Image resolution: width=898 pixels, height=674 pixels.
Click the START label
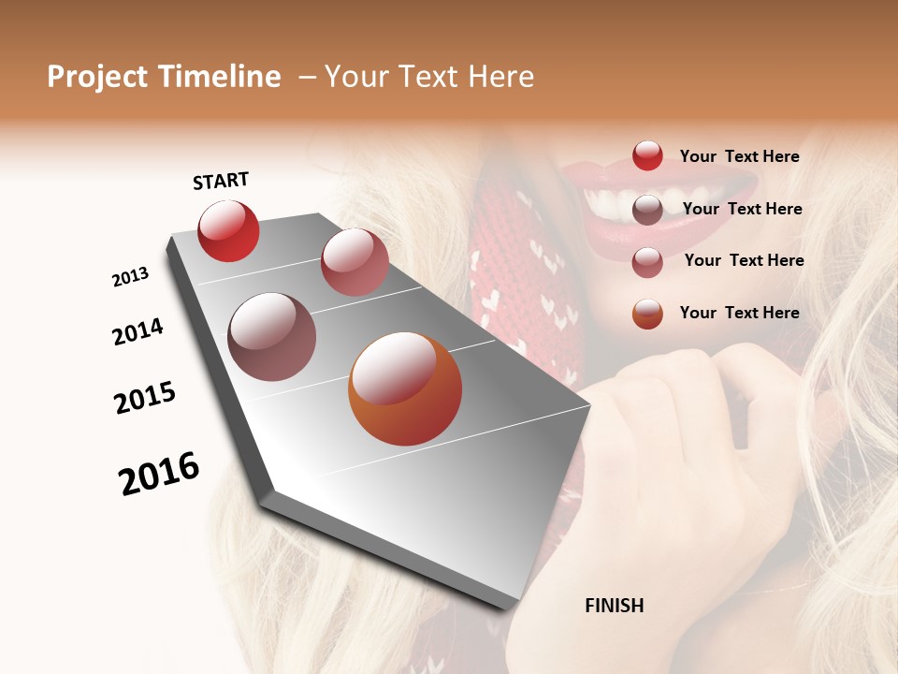point(221,181)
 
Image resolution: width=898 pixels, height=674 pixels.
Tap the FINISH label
point(614,606)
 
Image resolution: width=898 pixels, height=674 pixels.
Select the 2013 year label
point(130,277)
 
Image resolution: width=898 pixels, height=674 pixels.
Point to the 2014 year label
point(138,331)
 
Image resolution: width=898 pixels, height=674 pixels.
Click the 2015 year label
point(145,398)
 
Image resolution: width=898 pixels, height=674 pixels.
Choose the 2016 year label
point(159,474)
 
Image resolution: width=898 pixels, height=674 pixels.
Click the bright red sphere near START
point(228,231)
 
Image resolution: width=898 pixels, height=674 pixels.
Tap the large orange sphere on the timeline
point(405,388)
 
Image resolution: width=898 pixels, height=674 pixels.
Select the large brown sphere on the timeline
point(271,337)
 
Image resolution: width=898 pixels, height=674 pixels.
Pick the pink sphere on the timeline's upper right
point(355,262)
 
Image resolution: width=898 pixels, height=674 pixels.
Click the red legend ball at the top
point(647,156)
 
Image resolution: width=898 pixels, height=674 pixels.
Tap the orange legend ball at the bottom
point(647,314)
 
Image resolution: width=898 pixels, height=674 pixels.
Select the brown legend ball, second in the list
point(647,210)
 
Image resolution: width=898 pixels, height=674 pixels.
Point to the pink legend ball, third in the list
point(647,262)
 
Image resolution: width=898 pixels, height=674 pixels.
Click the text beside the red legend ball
point(739,157)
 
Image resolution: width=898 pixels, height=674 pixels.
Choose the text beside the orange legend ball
point(739,313)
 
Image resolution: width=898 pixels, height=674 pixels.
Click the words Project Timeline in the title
point(164,77)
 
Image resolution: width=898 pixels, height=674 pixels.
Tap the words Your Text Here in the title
point(428,77)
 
